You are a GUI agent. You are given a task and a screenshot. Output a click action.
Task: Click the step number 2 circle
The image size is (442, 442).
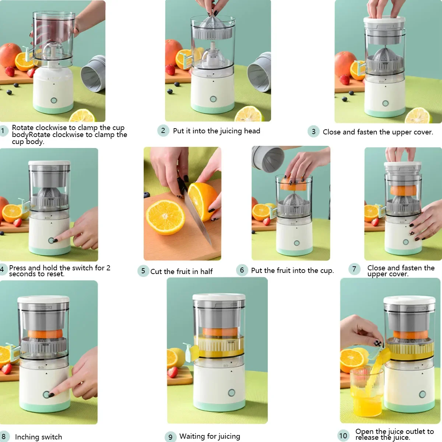click(x=163, y=131)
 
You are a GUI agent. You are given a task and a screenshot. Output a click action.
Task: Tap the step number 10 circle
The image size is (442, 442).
click(x=343, y=436)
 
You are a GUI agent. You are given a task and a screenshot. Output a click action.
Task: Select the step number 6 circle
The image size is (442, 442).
click(x=242, y=270)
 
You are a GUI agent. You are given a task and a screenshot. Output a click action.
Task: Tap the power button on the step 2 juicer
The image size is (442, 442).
click(x=213, y=99)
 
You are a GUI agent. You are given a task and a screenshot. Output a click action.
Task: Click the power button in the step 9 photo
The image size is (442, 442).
click(x=231, y=393)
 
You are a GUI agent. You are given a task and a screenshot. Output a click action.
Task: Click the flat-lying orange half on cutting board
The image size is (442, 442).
click(x=166, y=217)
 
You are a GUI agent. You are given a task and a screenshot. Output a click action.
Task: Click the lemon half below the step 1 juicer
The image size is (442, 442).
click(x=83, y=116)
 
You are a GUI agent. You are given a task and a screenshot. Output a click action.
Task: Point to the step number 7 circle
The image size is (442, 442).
click(x=354, y=269)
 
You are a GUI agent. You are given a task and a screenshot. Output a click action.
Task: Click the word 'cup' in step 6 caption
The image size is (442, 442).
click(x=326, y=270)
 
